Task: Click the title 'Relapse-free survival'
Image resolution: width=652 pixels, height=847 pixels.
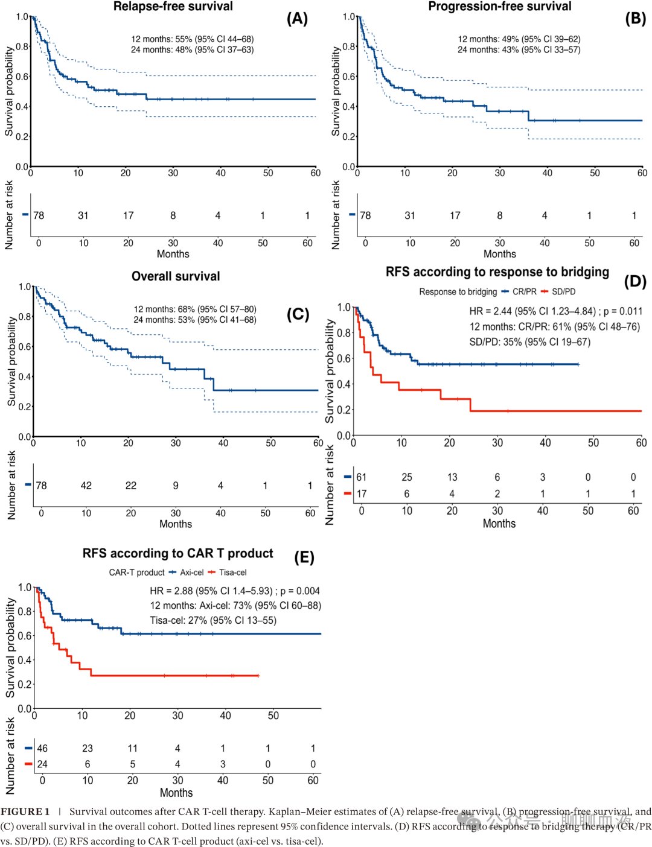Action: click(173, 6)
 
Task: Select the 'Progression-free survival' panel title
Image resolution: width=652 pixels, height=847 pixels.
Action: click(499, 6)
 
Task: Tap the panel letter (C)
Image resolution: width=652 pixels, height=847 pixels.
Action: click(298, 314)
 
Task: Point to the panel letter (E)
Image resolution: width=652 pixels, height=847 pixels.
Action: click(304, 557)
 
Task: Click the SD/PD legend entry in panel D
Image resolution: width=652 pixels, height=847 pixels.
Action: click(558, 291)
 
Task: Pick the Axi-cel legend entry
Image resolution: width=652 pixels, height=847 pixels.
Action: click(186, 572)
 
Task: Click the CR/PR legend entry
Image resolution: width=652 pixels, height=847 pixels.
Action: click(519, 291)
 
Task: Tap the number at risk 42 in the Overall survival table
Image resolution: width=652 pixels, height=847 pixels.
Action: click(86, 485)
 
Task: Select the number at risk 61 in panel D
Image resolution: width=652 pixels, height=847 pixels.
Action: click(361, 477)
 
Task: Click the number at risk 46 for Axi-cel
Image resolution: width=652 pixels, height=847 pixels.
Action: click(42, 748)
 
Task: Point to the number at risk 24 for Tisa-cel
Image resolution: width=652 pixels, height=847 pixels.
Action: click(42, 764)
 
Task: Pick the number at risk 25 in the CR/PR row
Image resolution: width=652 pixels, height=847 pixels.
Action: click(407, 477)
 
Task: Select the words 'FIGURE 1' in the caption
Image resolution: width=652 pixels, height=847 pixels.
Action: click(25, 811)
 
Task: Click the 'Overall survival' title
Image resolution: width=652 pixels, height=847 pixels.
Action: click(176, 276)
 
